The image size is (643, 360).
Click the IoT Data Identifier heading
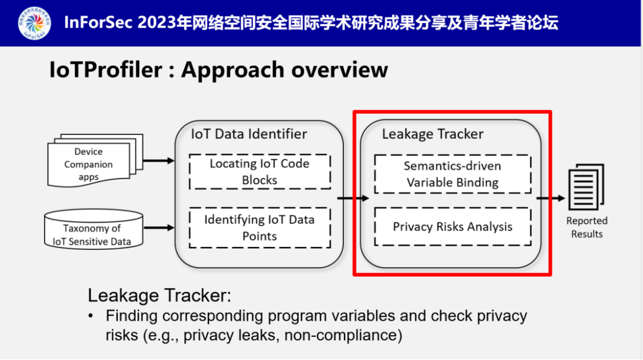(x=249, y=134)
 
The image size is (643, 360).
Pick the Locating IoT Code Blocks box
(x=260, y=171)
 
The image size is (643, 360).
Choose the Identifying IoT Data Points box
(x=260, y=227)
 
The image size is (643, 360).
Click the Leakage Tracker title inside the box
(x=432, y=134)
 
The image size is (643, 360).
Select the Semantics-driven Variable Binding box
(x=452, y=174)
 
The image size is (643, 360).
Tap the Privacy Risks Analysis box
(x=452, y=227)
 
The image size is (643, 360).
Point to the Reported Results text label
(x=586, y=227)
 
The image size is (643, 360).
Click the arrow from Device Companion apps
(x=159, y=160)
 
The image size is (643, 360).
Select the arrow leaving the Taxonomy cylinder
(x=159, y=227)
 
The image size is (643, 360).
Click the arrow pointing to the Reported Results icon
(x=551, y=198)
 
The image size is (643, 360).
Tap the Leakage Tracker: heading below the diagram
(x=159, y=296)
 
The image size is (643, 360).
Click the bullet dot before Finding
(x=91, y=316)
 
